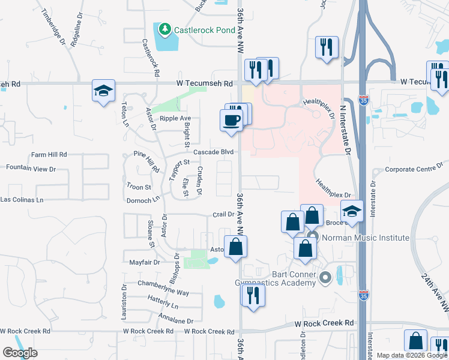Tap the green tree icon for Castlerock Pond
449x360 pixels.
coord(163,29)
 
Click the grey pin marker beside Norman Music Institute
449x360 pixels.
coord(313,238)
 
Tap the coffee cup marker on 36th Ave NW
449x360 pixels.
coord(231,120)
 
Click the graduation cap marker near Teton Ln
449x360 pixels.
coord(103,91)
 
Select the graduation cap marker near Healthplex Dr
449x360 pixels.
coord(351,211)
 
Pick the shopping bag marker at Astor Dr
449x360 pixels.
coord(236,246)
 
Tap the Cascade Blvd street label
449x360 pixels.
coord(213,152)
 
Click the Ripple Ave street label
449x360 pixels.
coord(174,118)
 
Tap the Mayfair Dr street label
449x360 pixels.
coord(145,262)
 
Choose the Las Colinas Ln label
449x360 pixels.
coord(22,199)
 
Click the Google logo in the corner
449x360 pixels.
coord(20,353)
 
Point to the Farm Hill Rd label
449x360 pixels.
coord(49,154)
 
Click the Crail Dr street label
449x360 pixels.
coord(223,214)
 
